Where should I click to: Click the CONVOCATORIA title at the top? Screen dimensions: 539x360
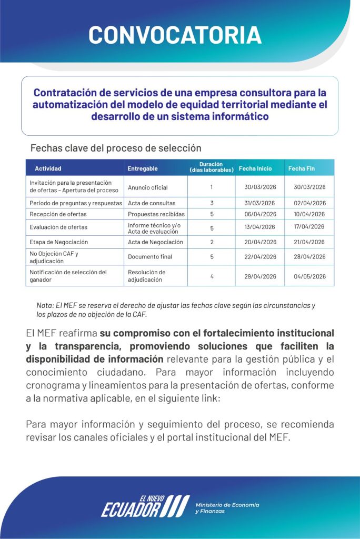[x=175, y=35]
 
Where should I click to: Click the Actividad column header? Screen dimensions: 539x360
[x=48, y=168]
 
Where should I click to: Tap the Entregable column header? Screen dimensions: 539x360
[x=142, y=168]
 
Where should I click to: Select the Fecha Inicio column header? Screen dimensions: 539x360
[x=255, y=168]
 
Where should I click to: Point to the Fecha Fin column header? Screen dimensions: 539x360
[x=302, y=168]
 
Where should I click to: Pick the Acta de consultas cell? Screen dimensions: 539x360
[x=152, y=203]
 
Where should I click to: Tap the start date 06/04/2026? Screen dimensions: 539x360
[x=260, y=214]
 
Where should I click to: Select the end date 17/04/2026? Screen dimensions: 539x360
[x=310, y=227]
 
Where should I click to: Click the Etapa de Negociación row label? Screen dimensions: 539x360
[x=59, y=242]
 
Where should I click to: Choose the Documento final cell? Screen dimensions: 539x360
[x=150, y=257]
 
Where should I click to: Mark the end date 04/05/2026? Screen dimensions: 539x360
[x=310, y=276]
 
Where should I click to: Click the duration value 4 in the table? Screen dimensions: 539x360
[x=212, y=276]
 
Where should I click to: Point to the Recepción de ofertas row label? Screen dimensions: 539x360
[x=58, y=214]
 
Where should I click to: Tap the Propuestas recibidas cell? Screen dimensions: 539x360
[x=156, y=214]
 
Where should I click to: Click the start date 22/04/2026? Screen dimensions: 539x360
[x=260, y=257]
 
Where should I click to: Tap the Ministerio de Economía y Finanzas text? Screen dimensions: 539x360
[x=227, y=508]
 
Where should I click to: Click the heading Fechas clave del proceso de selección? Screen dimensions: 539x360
[x=116, y=148]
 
